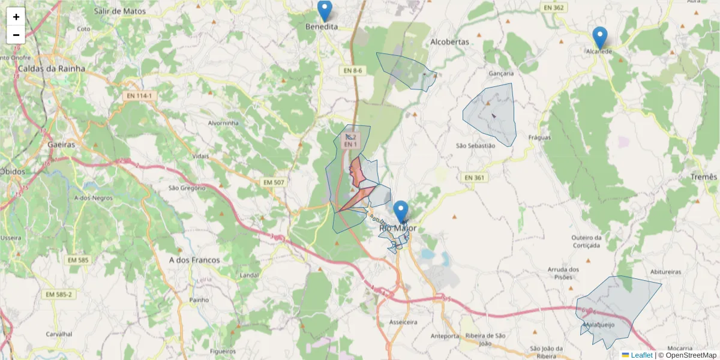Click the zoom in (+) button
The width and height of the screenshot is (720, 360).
pyautogui.click(x=16, y=17)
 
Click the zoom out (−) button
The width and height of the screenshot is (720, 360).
pyautogui.click(x=16, y=35)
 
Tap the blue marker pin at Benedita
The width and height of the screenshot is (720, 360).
pyautogui.click(x=325, y=11)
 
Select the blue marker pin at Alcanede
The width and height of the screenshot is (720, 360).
pyautogui.click(x=599, y=37)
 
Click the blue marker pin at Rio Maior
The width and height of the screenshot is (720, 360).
pyautogui.click(x=401, y=212)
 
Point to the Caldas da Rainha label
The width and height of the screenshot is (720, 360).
pyautogui.click(x=52, y=68)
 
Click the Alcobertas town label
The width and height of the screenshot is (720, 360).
pyautogui.click(x=449, y=42)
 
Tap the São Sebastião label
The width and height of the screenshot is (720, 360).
pyautogui.click(x=476, y=146)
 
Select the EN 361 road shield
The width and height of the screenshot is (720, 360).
pyautogui.click(x=475, y=178)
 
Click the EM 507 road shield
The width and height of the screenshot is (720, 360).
pyautogui.click(x=274, y=182)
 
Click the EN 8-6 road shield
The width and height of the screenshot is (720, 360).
pyautogui.click(x=353, y=71)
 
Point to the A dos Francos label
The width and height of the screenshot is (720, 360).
pyautogui.click(x=194, y=260)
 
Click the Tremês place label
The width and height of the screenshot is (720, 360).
pyautogui.click(x=704, y=177)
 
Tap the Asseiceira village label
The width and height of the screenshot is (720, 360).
pyautogui.click(x=403, y=322)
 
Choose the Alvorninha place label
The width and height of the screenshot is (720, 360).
pyautogui.click(x=223, y=123)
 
